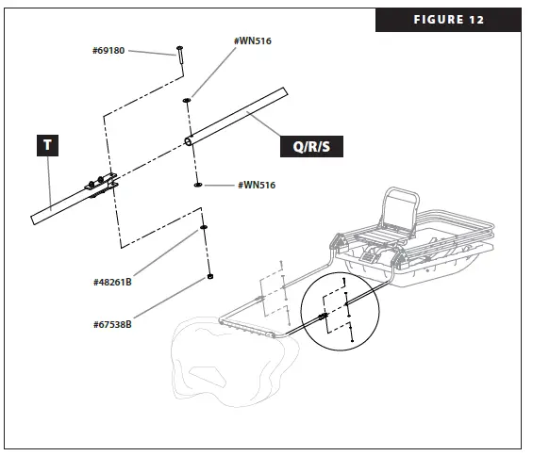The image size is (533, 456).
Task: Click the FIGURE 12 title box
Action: tap(447, 20)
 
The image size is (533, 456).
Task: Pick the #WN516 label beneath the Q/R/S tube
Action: tap(256, 186)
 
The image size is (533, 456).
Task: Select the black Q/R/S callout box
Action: tap(313, 146)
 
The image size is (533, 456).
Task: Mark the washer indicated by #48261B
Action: tap(204, 229)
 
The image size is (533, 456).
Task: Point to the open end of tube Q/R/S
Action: tap(189, 141)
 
